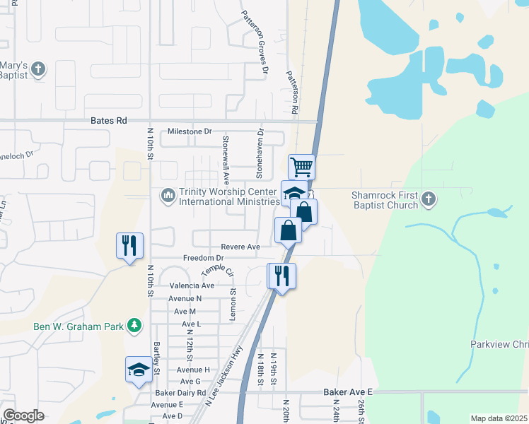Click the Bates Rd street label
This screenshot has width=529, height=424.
pos(108,121)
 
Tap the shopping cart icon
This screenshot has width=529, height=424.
pos(302,167)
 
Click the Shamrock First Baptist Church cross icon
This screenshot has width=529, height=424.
pos(428,199)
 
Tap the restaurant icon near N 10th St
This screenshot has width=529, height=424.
pos(129,245)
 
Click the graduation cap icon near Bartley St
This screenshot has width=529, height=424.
pos(139,369)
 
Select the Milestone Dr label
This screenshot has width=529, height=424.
pos(190,132)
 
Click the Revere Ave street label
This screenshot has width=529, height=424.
pos(240,247)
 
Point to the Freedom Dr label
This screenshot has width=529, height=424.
pos(203,259)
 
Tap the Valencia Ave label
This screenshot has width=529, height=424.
pos(192,285)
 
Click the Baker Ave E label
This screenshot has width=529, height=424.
pos(347,391)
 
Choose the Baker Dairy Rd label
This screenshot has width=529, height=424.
pos(182,392)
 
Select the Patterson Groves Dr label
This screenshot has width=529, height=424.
pos(255,42)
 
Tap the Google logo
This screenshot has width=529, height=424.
pos(23,415)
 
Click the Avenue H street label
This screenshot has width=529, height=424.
pos(193,370)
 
